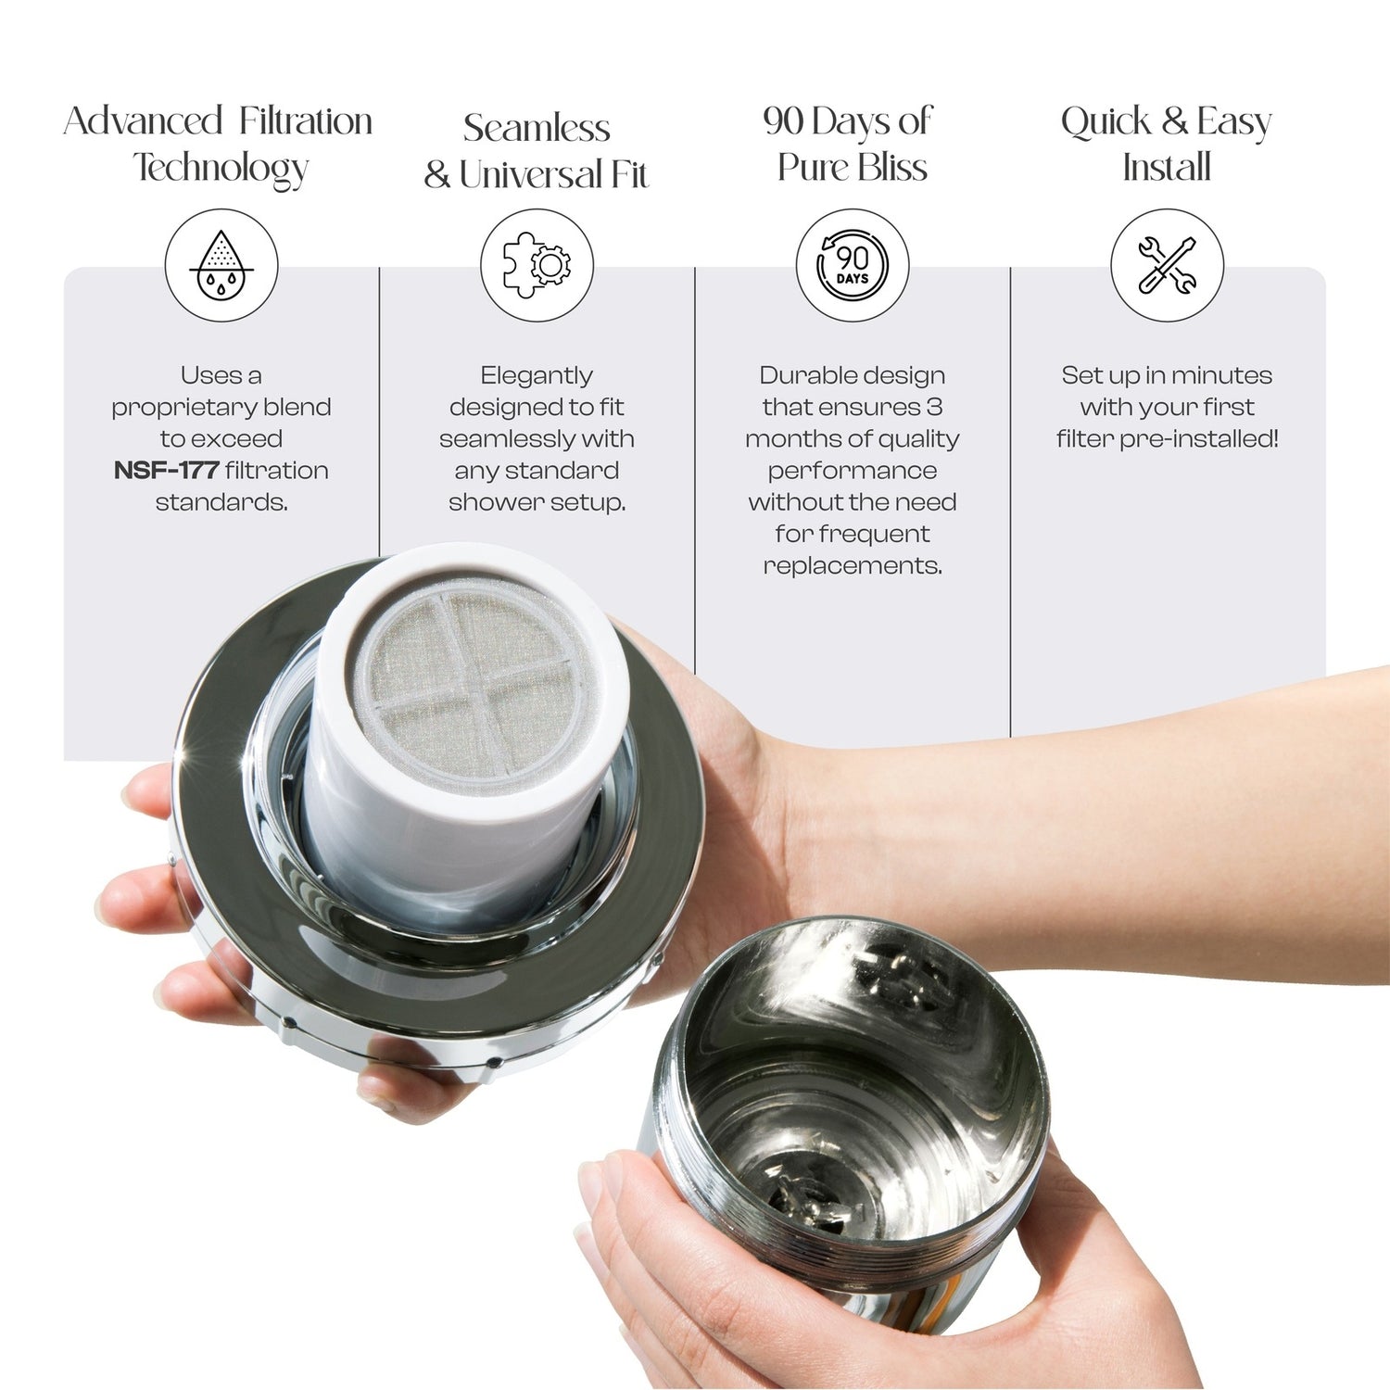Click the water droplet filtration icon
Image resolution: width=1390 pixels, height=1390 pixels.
[221, 265]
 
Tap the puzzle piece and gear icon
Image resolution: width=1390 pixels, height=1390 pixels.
[537, 265]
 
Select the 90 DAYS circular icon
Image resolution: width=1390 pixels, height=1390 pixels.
[853, 265]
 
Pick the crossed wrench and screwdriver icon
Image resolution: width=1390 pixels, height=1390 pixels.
[1168, 265]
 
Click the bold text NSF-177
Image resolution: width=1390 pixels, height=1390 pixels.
[166, 471]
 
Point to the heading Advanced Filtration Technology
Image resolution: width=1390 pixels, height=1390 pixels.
[219, 145]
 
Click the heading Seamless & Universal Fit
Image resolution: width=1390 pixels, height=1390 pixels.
[537, 151]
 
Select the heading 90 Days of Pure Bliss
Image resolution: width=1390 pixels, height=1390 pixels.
[850, 145]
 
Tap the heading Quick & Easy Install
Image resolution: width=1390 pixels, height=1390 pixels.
[1167, 145]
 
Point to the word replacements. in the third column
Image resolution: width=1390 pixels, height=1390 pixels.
[853, 566]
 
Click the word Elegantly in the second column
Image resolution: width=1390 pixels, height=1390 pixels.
[537, 376]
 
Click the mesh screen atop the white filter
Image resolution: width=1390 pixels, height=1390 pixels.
[477, 681]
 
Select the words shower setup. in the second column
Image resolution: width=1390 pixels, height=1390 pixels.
[537, 503]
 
